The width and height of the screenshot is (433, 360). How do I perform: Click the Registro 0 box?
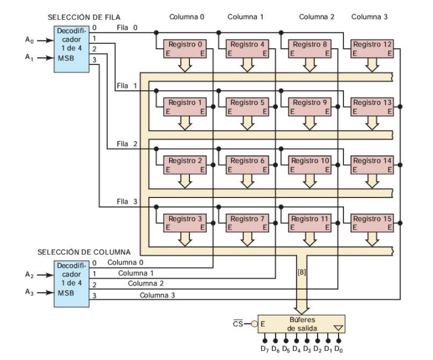[x=185, y=49]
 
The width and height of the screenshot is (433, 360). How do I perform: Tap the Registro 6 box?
[x=247, y=166]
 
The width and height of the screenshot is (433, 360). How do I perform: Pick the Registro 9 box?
[x=310, y=107]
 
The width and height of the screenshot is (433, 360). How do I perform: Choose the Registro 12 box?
[x=372, y=49]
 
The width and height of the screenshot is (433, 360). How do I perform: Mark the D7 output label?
[x=263, y=350]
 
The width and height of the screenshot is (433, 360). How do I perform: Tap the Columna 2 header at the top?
[x=317, y=17]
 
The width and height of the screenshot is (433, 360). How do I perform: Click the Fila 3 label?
[x=127, y=202]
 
